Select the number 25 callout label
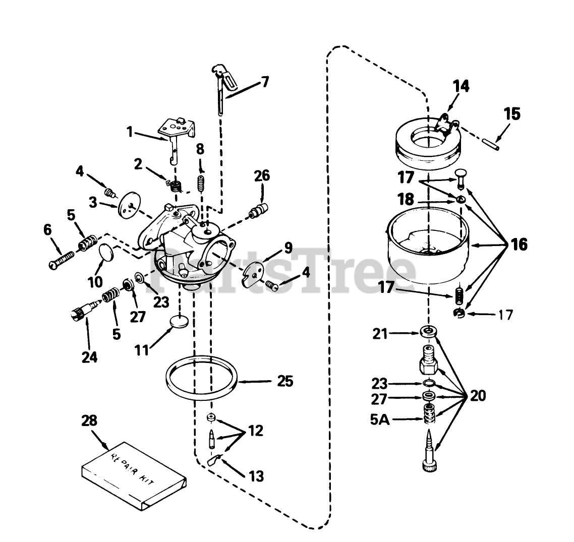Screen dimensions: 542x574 point(285,381)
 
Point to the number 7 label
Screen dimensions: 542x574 point(265,81)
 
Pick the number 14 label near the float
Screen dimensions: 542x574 point(461,86)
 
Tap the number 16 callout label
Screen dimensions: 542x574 point(519,245)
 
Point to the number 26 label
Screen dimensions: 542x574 point(262,176)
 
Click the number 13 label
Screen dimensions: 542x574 point(256,476)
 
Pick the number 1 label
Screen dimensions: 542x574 point(130,132)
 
